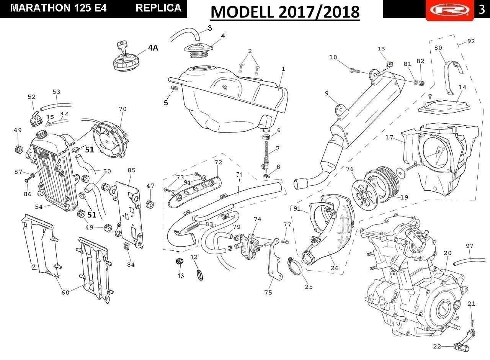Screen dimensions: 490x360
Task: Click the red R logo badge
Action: pyautogui.click(x=450, y=10)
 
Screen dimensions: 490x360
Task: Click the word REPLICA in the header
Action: pyautogui.click(x=158, y=8)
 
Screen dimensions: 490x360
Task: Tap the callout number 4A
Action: pyautogui.click(x=153, y=48)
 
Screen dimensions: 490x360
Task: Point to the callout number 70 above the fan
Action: pyautogui.click(x=123, y=109)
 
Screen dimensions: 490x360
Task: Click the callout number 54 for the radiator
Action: pyautogui.click(x=39, y=207)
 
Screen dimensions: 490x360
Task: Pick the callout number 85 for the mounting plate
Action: pyautogui.click(x=132, y=170)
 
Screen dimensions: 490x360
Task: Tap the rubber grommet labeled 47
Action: pyautogui.click(x=150, y=205)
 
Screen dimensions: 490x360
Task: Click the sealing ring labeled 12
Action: pyautogui.click(x=200, y=275)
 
